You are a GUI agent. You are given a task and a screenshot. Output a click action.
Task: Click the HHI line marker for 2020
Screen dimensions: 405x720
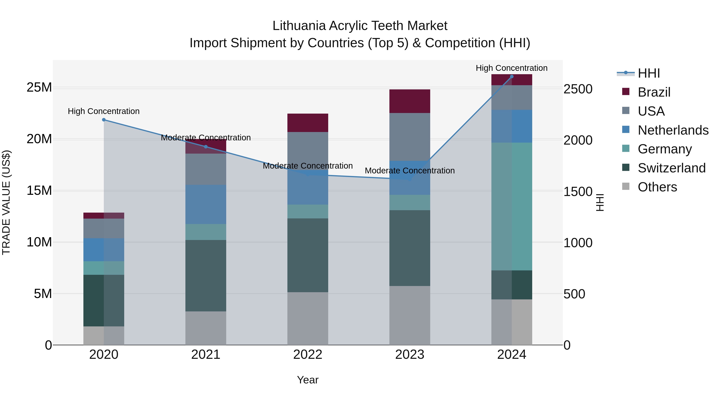[x=104, y=120]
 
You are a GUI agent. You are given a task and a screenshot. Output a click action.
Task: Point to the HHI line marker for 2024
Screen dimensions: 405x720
[x=512, y=77]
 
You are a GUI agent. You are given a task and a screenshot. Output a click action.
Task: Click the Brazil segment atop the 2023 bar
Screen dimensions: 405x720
[x=410, y=101]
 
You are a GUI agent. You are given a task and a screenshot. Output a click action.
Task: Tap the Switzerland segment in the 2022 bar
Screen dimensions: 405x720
[x=308, y=255]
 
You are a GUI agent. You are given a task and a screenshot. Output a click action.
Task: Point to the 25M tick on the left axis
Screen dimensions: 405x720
[x=39, y=87]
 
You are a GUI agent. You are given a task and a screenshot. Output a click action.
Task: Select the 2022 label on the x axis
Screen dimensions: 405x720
[x=308, y=355]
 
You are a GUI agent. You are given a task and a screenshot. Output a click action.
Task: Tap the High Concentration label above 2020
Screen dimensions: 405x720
[x=104, y=111]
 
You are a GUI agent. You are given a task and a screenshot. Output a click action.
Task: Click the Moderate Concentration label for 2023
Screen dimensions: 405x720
[x=410, y=170]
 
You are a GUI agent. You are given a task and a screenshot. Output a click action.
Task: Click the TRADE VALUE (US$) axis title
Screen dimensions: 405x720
[x=6, y=202]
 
